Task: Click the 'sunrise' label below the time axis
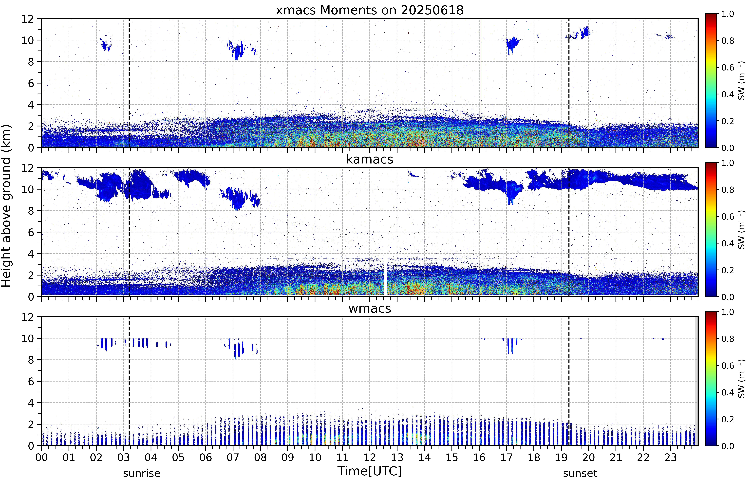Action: tap(142, 473)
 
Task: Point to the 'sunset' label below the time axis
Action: tap(580, 473)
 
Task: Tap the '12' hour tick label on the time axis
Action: tap(370, 457)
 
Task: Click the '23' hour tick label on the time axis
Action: tap(671, 457)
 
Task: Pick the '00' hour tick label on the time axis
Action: tap(41, 457)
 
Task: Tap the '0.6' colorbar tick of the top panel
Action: tap(727, 68)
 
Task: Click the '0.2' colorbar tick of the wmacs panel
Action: tap(727, 419)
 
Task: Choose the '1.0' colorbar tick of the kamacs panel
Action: tap(727, 163)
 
